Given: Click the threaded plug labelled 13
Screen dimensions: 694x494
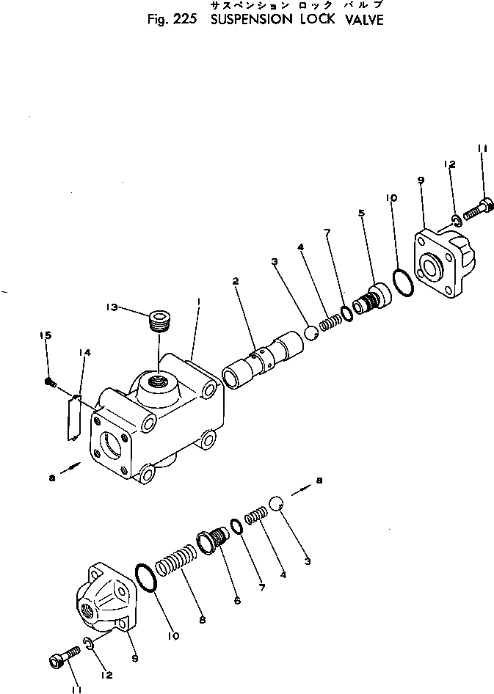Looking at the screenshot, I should click(159, 321).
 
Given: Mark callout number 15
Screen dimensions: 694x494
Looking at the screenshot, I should click(46, 335).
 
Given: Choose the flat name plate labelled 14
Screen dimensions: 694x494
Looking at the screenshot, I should click(75, 416).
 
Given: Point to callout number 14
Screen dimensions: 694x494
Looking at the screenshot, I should click(85, 354).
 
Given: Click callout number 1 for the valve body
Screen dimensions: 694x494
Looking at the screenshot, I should click(198, 301).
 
